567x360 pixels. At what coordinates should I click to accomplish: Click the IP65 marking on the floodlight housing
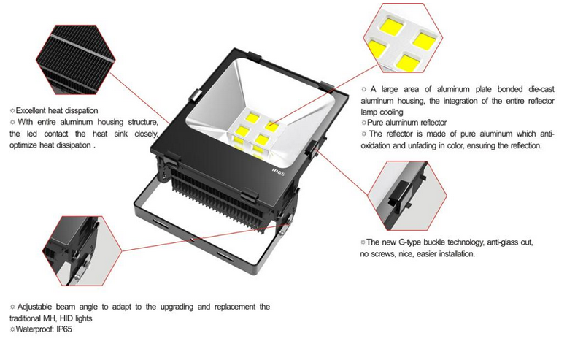(x=279, y=172)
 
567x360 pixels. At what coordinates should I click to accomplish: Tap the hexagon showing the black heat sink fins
(x=76, y=60)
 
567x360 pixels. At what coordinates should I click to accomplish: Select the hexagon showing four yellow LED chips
(x=404, y=38)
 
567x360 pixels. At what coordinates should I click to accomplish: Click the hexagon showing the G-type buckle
(x=407, y=196)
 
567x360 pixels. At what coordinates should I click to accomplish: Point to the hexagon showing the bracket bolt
(x=82, y=250)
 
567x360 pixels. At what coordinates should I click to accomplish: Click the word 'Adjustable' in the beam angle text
(x=35, y=307)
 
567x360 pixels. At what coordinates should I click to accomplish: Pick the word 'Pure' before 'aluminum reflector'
(x=375, y=123)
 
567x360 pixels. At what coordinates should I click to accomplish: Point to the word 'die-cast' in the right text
(x=541, y=89)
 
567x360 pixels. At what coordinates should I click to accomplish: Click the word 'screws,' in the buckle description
(x=383, y=254)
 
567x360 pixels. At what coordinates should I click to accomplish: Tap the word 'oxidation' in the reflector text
(x=375, y=145)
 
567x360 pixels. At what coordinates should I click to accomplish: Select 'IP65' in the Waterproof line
(x=64, y=329)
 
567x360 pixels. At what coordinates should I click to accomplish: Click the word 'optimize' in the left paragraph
(x=23, y=145)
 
